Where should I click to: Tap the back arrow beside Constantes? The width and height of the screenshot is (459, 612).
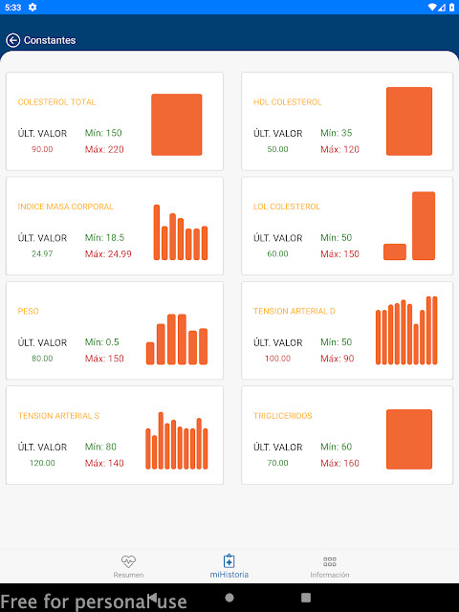pyautogui.click(x=12, y=40)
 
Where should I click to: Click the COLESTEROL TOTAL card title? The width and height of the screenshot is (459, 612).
pyautogui.click(x=56, y=102)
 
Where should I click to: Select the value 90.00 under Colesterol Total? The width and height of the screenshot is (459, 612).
pyautogui.click(x=42, y=149)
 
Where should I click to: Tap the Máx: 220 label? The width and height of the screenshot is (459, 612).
pyautogui.click(x=104, y=149)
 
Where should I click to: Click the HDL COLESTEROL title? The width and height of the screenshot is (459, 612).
pyautogui.click(x=287, y=102)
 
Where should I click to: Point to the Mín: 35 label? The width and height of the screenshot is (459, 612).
pyautogui.click(x=336, y=133)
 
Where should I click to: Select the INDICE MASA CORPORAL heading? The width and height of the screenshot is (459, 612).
pyautogui.click(x=65, y=207)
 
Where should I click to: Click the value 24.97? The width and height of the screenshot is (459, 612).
pyautogui.click(x=42, y=254)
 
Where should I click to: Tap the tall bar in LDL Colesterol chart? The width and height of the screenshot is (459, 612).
pyautogui.click(x=424, y=226)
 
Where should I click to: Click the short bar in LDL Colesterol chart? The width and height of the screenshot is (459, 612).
pyautogui.click(x=395, y=251)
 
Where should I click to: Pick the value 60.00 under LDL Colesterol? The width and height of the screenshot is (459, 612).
pyautogui.click(x=277, y=254)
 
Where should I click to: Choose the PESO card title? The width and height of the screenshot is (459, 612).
pyautogui.click(x=28, y=312)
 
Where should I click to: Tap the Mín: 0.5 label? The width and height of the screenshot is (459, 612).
pyautogui.click(x=101, y=342)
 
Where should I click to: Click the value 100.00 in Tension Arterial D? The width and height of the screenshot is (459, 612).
pyautogui.click(x=277, y=359)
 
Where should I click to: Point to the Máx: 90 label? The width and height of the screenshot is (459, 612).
pyautogui.click(x=337, y=359)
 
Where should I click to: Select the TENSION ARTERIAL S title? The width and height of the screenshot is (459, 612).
pyautogui.click(x=58, y=416)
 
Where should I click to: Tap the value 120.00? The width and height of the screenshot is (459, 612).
pyautogui.click(x=42, y=463)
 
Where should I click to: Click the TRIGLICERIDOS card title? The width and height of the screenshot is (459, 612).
pyautogui.click(x=282, y=416)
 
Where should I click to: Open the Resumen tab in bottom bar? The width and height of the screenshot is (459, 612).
pyautogui.click(x=128, y=566)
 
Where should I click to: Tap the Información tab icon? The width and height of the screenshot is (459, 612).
pyautogui.click(x=330, y=562)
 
